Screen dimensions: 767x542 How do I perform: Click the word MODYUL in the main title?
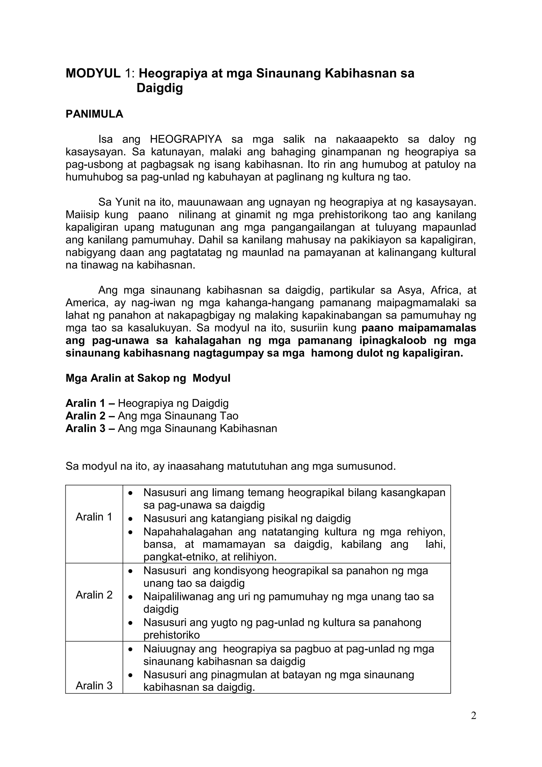click(x=93, y=73)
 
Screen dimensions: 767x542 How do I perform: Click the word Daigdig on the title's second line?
click(x=160, y=88)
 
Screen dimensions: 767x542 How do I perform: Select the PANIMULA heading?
click(x=94, y=114)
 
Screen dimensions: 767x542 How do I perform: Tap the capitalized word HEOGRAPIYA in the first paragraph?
click(x=186, y=139)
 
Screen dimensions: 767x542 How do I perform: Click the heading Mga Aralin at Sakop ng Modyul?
click(x=148, y=378)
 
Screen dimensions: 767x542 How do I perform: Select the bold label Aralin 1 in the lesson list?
click(x=85, y=403)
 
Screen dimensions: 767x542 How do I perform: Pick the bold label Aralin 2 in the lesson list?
click(x=85, y=416)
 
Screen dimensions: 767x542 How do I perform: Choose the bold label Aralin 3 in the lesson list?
click(x=85, y=429)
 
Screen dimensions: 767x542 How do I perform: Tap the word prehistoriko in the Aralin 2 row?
click(x=171, y=635)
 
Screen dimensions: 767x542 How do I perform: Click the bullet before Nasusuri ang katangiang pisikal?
click(x=131, y=519)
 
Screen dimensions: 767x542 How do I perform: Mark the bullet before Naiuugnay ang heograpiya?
click(x=131, y=649)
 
